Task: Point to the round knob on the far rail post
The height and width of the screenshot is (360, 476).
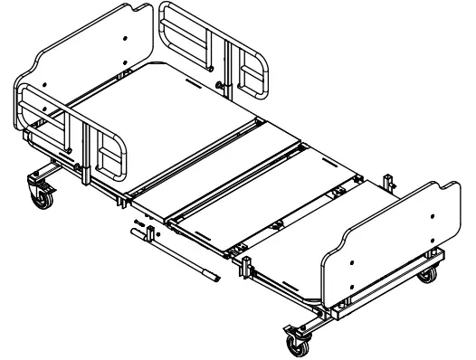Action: point(219,85)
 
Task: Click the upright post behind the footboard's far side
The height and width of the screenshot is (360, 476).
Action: point(389,181)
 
